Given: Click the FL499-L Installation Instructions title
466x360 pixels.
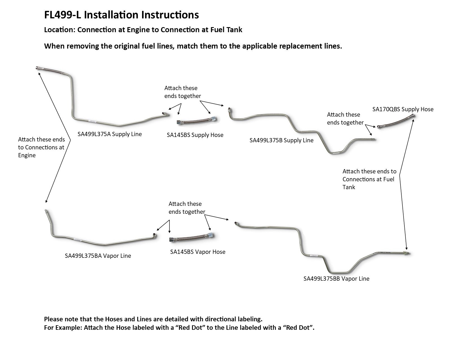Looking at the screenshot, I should (x=121, y=15).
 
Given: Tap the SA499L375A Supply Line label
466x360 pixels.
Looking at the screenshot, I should (x=110, y=134).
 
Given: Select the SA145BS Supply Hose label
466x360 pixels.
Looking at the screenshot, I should (x=195, y=135).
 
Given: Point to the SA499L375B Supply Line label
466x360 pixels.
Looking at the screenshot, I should (x=281, y=140).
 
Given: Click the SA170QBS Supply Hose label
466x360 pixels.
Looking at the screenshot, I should (x=403, y=109).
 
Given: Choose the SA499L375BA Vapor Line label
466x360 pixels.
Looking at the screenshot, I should (x=98, y=256).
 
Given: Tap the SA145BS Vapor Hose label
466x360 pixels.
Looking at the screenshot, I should (x=198, y=252).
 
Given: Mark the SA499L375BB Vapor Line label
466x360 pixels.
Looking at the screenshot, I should (x=336, y=279).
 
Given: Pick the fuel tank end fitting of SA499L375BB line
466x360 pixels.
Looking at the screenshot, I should (x=407, y=253).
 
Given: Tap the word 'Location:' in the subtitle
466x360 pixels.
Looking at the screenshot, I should (x=60, y=30).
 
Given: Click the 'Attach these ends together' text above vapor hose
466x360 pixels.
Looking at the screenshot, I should (x=187, y=208).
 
